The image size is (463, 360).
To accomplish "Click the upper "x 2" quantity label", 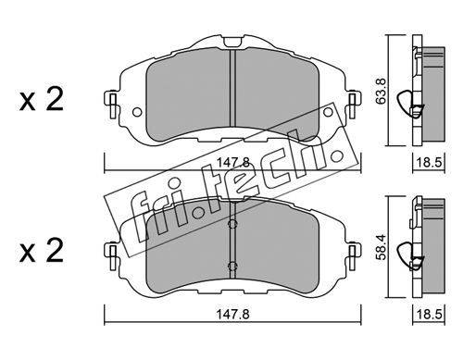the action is [42, 99].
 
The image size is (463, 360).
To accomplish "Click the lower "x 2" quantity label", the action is [42, 250].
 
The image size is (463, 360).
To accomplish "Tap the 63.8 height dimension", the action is [381, 91].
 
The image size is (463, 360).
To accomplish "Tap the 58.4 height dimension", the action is [381, 247].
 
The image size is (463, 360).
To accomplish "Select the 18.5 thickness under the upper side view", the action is [429, 162].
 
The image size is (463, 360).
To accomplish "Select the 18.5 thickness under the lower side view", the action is [429, 315].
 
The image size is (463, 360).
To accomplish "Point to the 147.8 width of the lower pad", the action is [232, 315].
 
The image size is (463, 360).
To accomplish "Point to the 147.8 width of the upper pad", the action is [232, 162].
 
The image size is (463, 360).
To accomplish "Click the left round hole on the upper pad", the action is [137, 112].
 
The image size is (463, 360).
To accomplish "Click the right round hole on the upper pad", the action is [328, 112].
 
